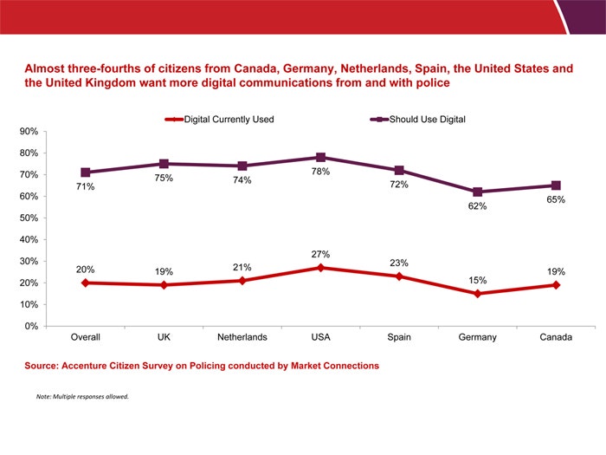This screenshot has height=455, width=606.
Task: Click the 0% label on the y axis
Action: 29,327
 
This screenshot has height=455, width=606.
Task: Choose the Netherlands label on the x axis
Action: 242,337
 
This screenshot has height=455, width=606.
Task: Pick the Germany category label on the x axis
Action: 478,337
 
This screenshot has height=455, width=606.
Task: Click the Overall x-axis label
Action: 85,337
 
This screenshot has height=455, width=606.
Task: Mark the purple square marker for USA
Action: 320,158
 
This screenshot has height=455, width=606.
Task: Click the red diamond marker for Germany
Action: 478,294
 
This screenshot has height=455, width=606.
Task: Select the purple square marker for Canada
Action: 556,185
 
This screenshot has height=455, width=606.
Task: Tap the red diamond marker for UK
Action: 164,285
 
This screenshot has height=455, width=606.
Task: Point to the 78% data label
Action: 320,172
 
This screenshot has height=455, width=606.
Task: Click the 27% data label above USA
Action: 320,254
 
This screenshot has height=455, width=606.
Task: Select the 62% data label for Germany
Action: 478,206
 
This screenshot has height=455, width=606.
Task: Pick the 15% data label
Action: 478,280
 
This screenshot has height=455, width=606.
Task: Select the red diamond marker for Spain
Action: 399,276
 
